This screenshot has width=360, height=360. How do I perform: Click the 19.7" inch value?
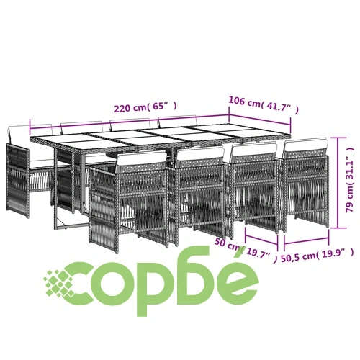(258, 253)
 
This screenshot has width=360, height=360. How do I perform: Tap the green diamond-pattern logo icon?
(58, 283)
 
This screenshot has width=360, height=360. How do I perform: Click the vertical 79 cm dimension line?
(338, 182)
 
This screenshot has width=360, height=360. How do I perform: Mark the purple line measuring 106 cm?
(260, 120)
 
